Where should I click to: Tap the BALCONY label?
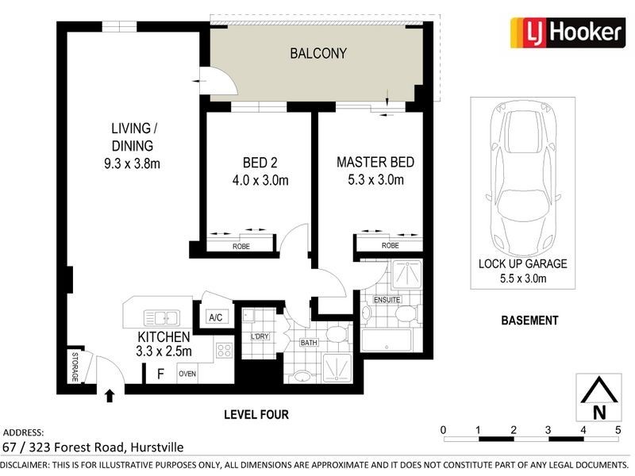click(317, 54)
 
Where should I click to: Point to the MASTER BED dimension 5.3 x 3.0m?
click(375, 180)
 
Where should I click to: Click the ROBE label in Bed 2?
click(241, 247)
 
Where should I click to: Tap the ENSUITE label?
click(387, 299)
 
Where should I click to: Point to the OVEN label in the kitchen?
click(187, 374)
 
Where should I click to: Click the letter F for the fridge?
click(160, 373)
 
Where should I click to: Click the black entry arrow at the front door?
click(108, 395)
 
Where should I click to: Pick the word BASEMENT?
click(529, 321)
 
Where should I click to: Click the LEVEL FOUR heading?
click(256, 414)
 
